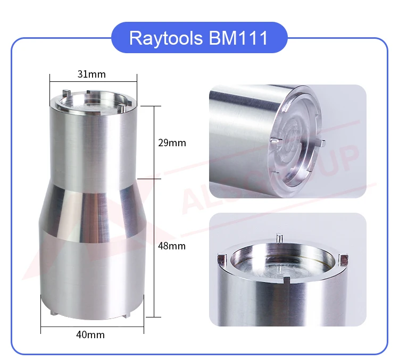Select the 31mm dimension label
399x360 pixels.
[x=92, y=74]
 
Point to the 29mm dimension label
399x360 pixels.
[x=172, y=143]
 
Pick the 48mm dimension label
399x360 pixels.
[x=172, y=246]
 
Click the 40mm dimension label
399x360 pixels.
[x=92, y=334]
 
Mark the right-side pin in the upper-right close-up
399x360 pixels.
[x=321, y=142]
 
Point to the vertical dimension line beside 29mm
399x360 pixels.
[x=154, y=143]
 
